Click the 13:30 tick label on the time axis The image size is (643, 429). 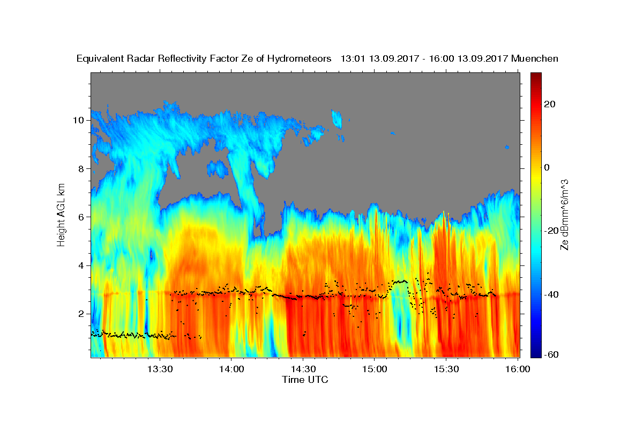(x=160, y=369)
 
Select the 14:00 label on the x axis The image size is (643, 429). (x=231, y=369)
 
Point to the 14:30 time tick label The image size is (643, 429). (x=303, y=369)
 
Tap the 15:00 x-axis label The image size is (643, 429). (x=375, y=369)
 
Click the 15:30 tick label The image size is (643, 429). (x=446, y=369)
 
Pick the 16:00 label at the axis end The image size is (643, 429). (x=518, y=369)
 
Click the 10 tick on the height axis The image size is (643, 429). (x=78, y=120)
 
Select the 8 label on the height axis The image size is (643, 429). (x=81, y=169)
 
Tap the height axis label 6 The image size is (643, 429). (x=81, y=217)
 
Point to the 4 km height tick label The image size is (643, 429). (x=81, y=265)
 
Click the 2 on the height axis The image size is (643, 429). (x=81, y=314)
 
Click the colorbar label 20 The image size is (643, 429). (x=550, y=104)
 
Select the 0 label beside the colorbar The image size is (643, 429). (x=547, y=167)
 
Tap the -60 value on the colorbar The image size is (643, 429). (x=551, y=354)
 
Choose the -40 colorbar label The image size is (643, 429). (x=551, y=294)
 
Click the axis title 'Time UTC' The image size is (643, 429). (x=305, y=380)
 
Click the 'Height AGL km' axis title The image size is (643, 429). (x=61, y=215)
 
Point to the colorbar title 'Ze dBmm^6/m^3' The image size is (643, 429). (x=564, y=215)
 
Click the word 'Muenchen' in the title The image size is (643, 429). (x=535, y=58)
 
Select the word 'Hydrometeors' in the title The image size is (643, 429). (x=299, y=59)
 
